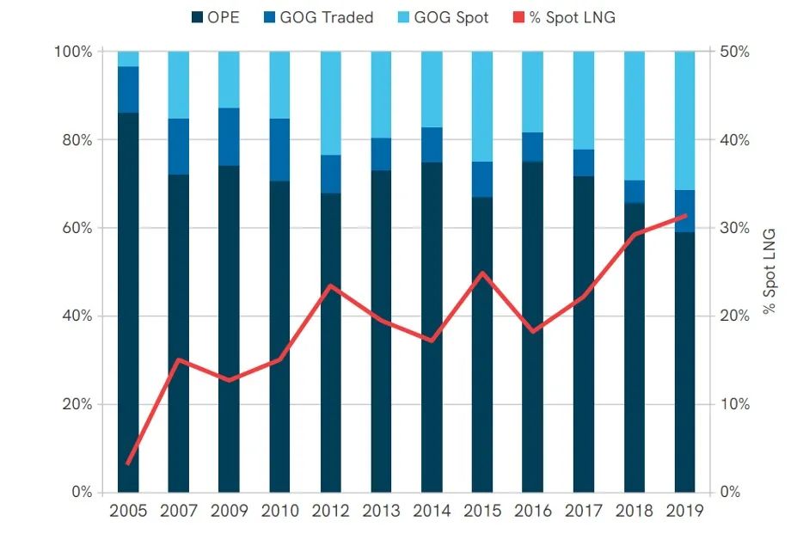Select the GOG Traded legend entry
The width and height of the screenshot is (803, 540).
pos(318,17)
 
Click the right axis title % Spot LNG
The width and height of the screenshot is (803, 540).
pos(769,272)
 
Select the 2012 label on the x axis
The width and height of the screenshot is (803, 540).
pos(331,511)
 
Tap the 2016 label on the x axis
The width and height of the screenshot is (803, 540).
pos(534,511)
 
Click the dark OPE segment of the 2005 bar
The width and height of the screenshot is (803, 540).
pos(128,301)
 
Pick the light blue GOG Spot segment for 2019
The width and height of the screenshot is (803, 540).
pos(685,120)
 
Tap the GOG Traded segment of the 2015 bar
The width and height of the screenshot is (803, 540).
pos(483,179)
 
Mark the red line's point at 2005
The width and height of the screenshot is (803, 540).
pos(128,464)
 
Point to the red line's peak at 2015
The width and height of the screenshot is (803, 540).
pos(483,273)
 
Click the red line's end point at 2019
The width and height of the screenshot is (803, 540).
pos(685,216)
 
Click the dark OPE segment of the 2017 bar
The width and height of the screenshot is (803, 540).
pos(585,335)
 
